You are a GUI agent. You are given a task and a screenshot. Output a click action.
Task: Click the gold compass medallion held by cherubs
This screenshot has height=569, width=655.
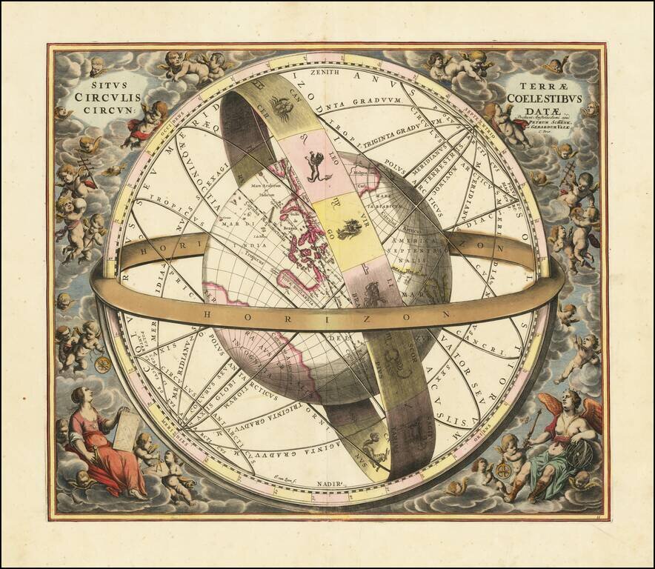[x=102, y=364]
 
